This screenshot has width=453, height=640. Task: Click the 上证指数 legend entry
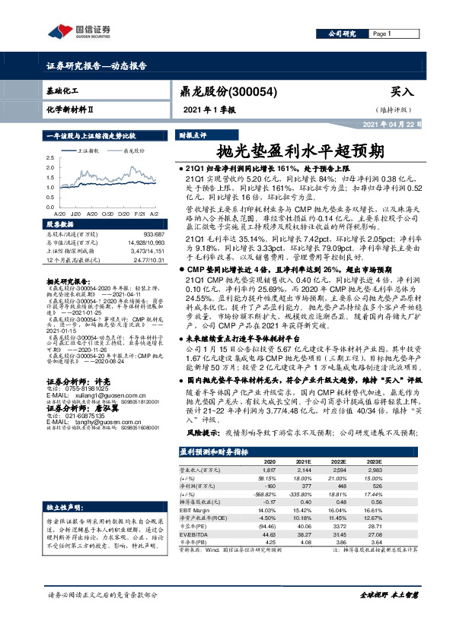(x=93, y=151)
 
